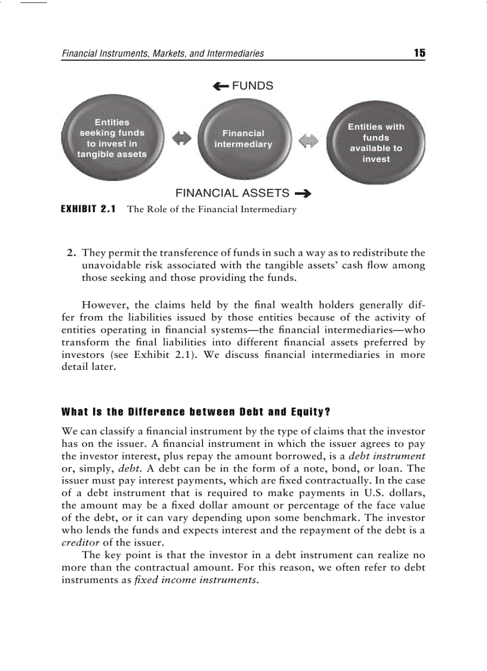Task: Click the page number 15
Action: point(420,53)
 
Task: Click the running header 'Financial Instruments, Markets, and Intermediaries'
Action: point(163,54)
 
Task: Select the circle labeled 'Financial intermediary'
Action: point(243,139)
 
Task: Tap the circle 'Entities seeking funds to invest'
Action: point(112,139)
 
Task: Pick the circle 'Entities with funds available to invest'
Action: point(376,143)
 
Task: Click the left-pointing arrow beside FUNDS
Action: point(220,86)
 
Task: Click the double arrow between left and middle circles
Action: point(181,138)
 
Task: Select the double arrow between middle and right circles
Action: point(309,142)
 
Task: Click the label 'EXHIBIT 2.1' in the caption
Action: point(89,209)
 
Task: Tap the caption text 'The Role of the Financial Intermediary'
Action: point(212,209)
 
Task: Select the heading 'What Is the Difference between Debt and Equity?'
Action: point(196,412)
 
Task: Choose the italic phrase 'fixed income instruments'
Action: point(195,580)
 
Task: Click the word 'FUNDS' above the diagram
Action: point(252,86)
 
